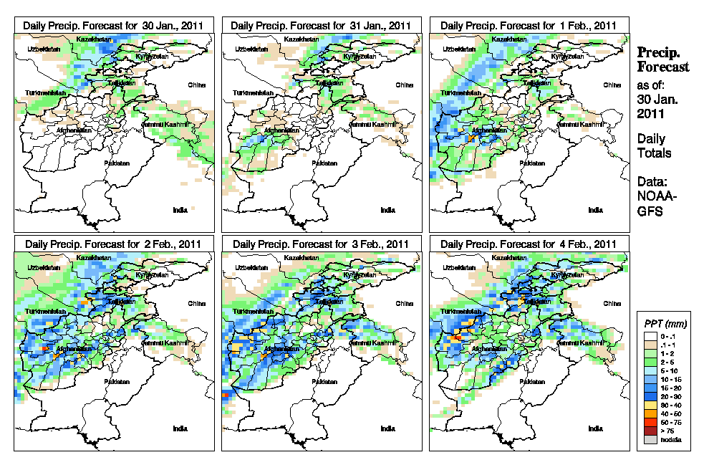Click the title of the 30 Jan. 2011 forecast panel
[114, 25]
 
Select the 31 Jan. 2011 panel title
[322, 25]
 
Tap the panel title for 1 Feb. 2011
[529, 25]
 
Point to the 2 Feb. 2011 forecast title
[114, 244]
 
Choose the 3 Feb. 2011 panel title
[322, 244]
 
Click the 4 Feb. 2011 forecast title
[529, 244]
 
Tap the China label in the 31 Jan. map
[404, 85]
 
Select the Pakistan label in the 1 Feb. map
[532, 163]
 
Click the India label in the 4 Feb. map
[594, 428]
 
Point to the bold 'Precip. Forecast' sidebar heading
[662, 60]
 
